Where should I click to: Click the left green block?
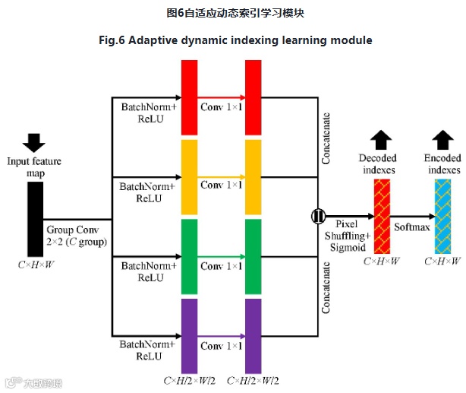tap(189, 257)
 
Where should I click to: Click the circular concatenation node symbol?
tap(316, 217)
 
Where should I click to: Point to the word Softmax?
tap(411, 227)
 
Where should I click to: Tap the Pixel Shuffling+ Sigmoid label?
tap(347, 236)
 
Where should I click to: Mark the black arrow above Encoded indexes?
tap(443, 138)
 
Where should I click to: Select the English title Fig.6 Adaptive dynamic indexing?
tap(233, 40)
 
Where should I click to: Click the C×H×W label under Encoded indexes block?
tap(442, 261)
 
